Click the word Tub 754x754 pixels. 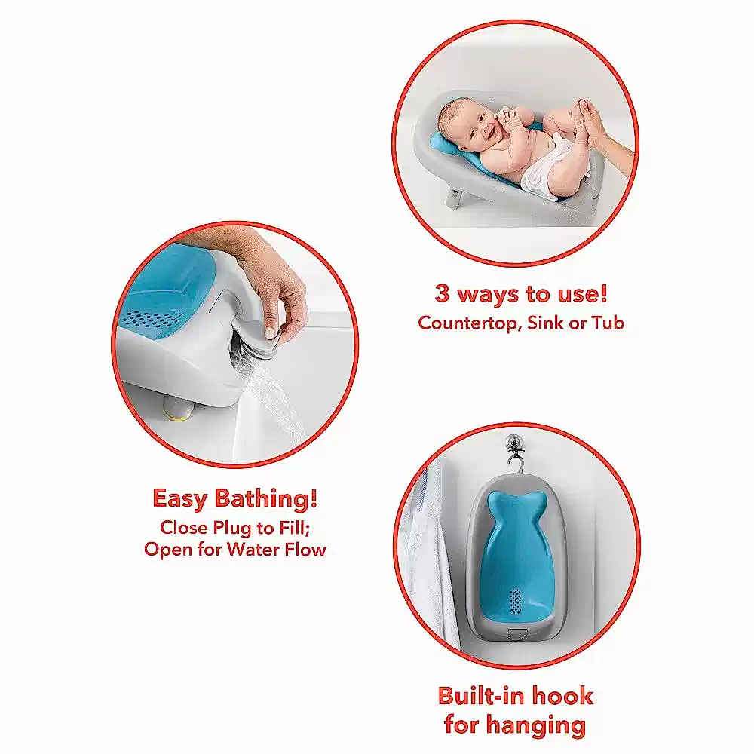(x=607, y=323)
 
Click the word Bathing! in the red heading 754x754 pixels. (x=265, y=498)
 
